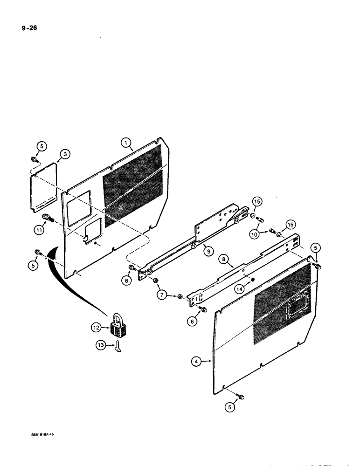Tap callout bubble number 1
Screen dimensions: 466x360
pyautogui.click(x=125, y=142)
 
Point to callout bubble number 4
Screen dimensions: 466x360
pyautogui.click(x=197, y=360)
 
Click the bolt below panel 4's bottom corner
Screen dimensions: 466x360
pyautogui.click(x=240, y=396)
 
